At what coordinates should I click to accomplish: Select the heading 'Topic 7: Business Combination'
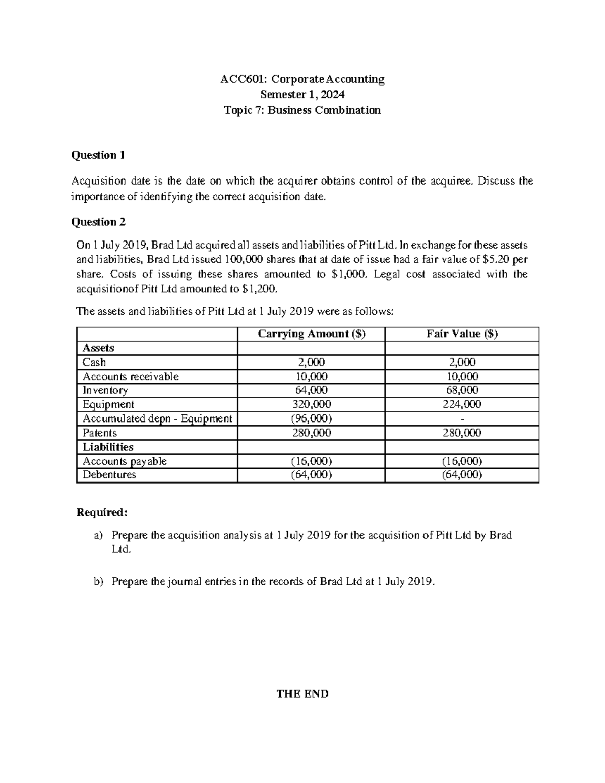(x=302, y=110)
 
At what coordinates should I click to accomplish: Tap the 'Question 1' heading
(x=98, y=155)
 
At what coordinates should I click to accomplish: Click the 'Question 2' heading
(x=98, y=222)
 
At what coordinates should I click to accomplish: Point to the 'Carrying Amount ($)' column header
(x=311, y=334)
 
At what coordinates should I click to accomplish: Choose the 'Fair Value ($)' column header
(x=462, y=334)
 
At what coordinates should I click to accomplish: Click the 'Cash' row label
(x=94, y=362)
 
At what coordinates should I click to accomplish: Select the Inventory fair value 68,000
(x=462, y=390)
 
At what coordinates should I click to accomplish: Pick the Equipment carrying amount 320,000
(x=311, y=404)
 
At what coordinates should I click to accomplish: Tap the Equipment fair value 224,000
(x=462, y=404)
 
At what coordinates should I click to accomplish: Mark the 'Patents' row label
(x=99, y=433)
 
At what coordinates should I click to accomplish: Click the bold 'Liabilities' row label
(x=108, y=447)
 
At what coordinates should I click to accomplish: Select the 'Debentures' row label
(x=109, y=475)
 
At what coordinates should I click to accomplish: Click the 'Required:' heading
(x=102, y=512)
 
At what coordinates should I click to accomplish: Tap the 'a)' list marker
(x=98, y=535)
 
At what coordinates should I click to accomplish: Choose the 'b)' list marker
(x=98, y=581)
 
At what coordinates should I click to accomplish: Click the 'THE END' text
(x=302, y=694)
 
